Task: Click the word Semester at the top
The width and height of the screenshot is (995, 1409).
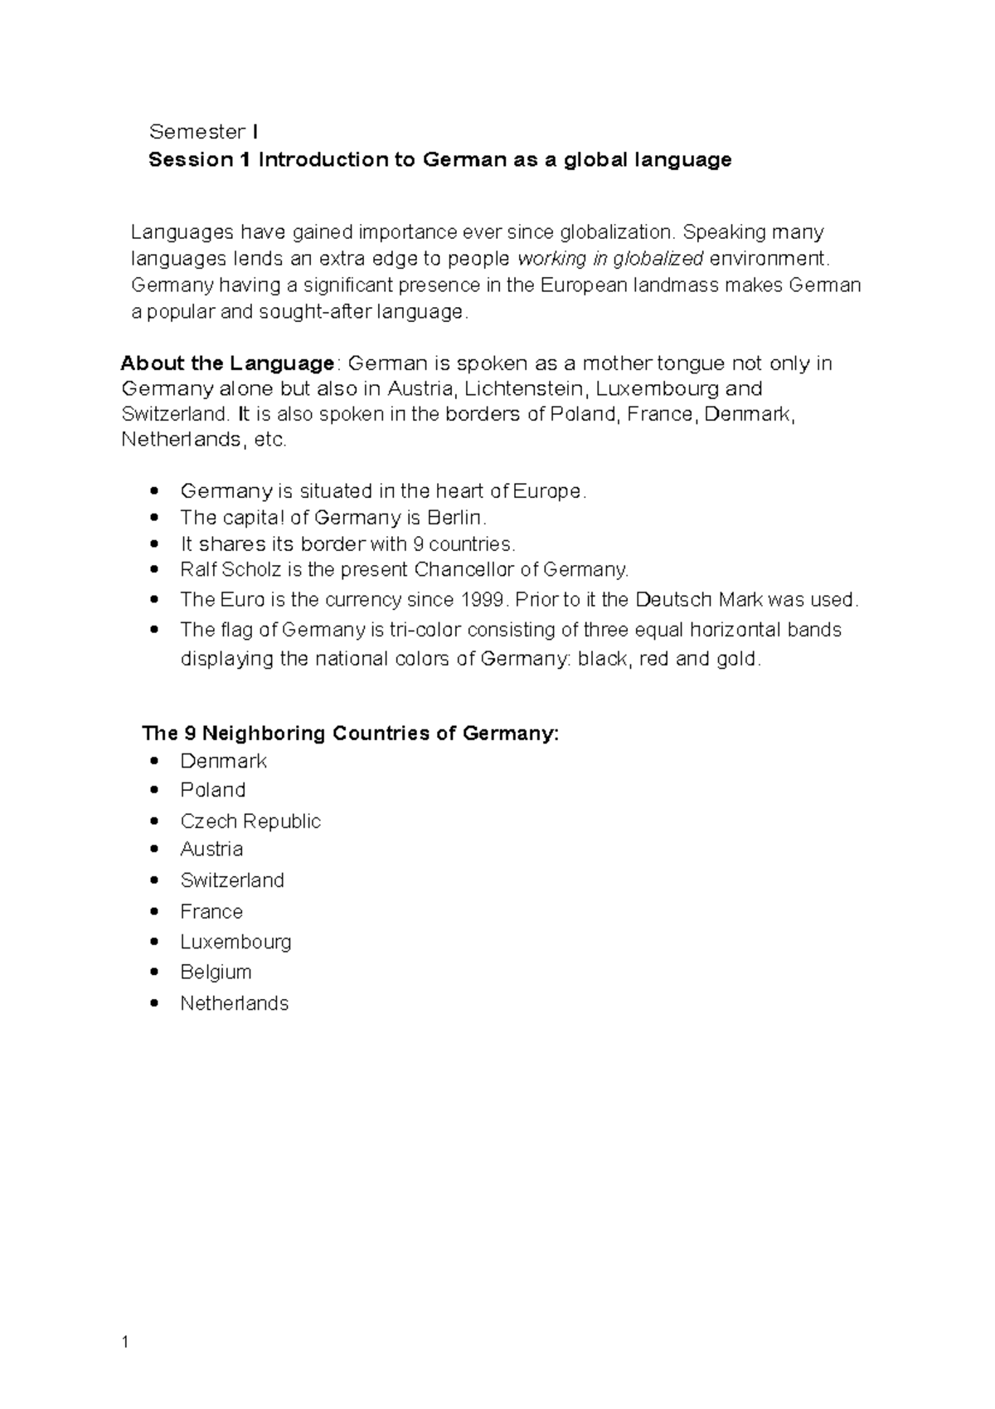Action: click(x=197, y=132)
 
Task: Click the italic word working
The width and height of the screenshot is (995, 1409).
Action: click(x=551, y=258)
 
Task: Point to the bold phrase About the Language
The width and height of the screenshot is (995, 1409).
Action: click(x=227, y=363)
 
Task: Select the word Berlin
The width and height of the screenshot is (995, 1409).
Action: click(x=455, y=518)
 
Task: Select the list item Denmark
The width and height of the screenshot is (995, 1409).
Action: click(x=223, y=761)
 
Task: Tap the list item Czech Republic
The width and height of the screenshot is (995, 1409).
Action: click(x=250, y=821)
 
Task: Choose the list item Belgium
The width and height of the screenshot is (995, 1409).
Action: click(x=216, y=972)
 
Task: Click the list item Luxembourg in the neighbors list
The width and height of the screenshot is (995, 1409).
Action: click(x=235, y=942)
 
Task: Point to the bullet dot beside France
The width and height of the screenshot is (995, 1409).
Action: click(x=154, y=911)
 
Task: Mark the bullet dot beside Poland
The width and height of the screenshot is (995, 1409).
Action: click(x=154, y=790)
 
